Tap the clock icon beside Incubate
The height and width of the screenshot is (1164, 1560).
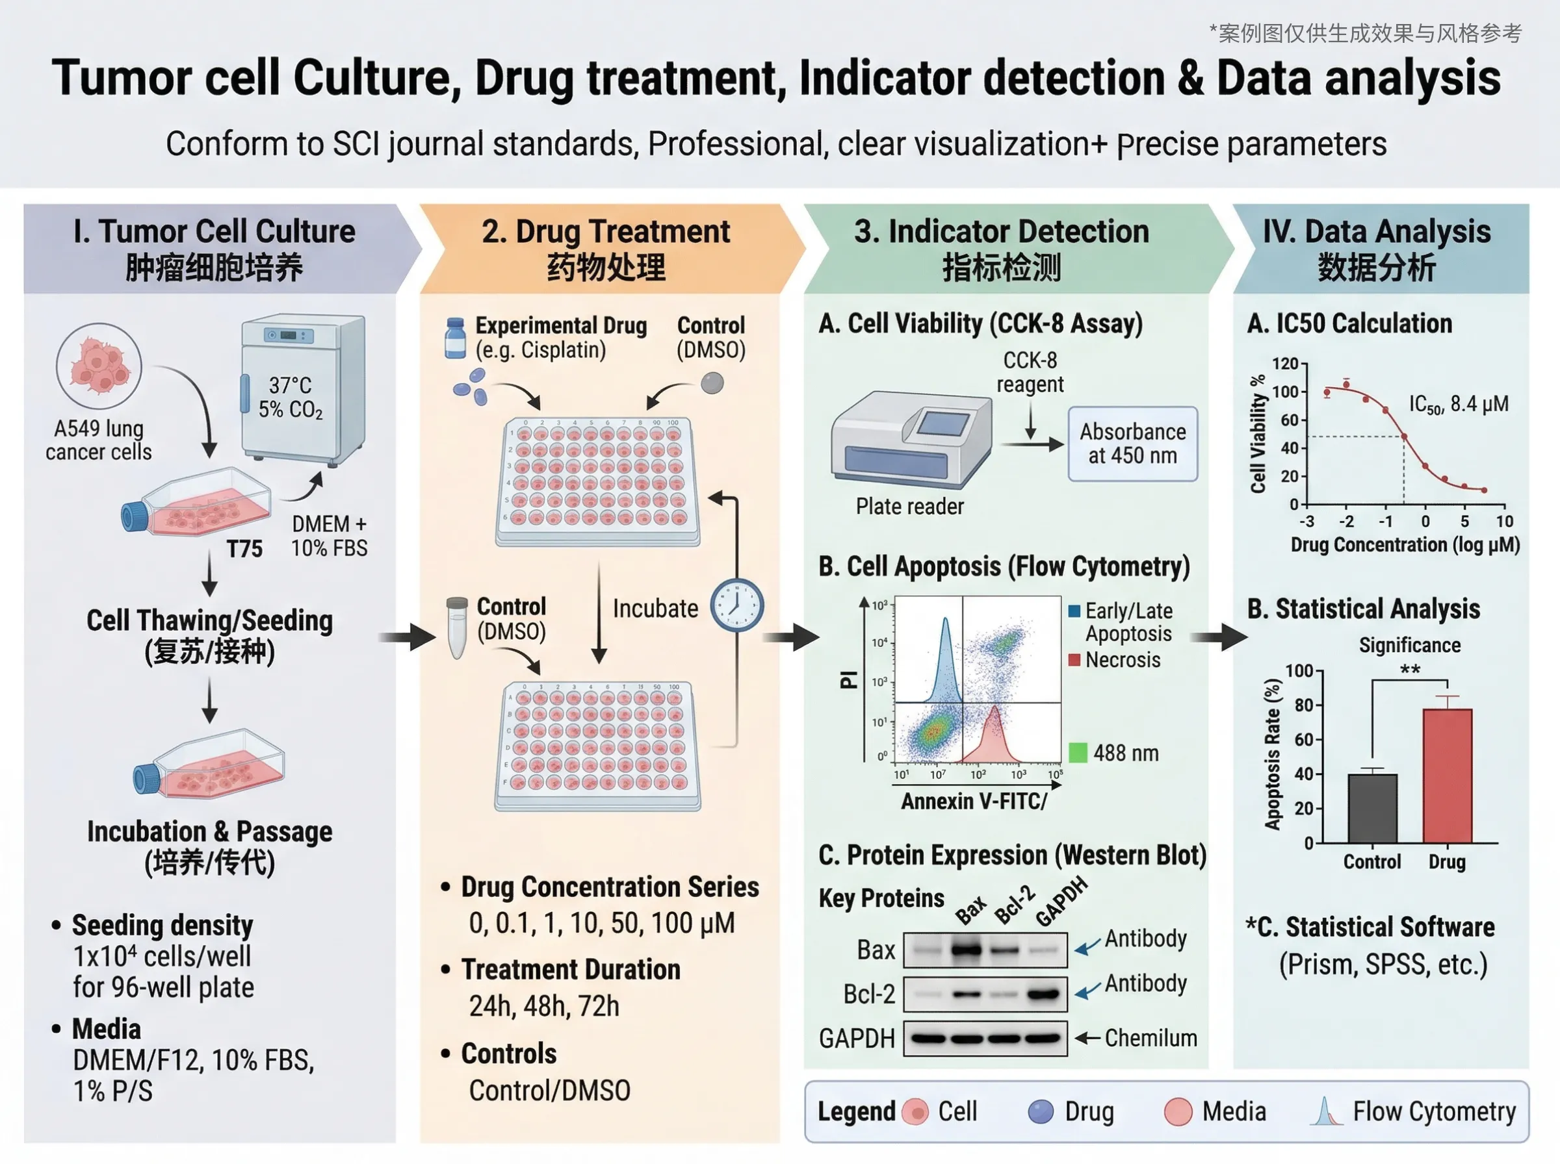pos(736,605)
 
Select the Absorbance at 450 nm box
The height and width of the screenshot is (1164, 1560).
pos(1132,444)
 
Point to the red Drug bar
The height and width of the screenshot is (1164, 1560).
pos(1446,775)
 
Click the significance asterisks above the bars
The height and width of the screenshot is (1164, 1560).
pos(1410,670)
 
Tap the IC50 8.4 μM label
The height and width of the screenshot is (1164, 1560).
pos(1458,405)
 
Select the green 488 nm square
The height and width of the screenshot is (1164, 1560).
pos(1078,753)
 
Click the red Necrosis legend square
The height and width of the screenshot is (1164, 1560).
pos(1074,660)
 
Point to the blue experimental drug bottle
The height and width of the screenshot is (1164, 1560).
pos(456,338)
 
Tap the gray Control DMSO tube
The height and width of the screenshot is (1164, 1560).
pos(458,627)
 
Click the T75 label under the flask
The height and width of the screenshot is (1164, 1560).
pos(244,549)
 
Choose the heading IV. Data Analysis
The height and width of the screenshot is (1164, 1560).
pos(1376,232)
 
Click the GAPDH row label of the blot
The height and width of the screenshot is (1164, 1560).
pos(857,1039)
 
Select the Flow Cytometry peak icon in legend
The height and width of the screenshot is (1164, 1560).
pos(1326,1111)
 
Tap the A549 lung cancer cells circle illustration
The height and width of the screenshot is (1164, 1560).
pos(99,366)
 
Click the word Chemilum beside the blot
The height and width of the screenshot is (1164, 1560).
pos(1150,1038)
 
